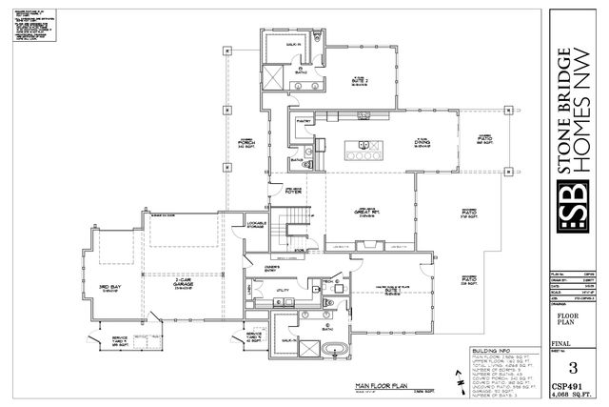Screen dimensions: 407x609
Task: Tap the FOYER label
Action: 281,190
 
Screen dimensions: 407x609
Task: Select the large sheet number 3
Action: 572,367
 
